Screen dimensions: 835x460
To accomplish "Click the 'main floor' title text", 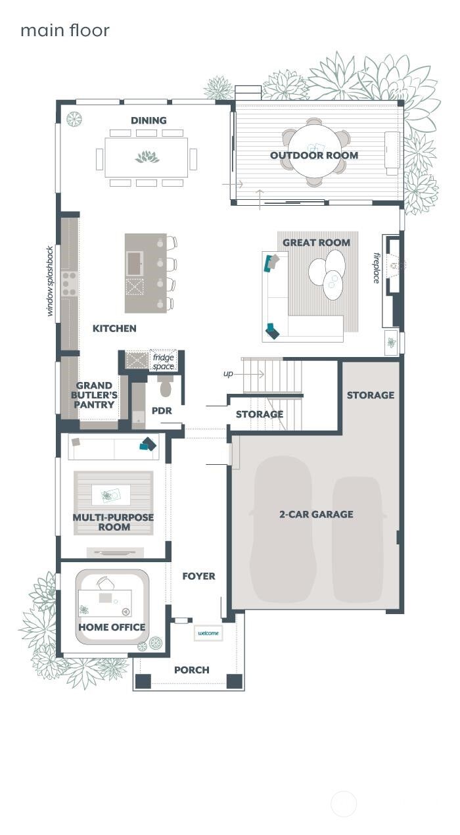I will (64, 30).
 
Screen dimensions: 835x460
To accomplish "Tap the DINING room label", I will (149, 120).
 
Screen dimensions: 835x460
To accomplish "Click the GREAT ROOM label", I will (316, 243).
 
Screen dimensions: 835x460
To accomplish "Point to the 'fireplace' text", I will (377, 268).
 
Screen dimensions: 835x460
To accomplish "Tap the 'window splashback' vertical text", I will (50, 281).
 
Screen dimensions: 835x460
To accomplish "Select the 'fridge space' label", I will (163, 362).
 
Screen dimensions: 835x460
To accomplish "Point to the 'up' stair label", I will (228, 373).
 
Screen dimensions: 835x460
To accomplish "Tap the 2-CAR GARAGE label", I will (316, 514).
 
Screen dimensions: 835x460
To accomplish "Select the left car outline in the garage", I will (282, 529).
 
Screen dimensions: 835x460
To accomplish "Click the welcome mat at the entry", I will (208, 633).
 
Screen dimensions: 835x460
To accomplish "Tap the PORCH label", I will (192, 670).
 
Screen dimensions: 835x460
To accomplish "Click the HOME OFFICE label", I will (112, 627).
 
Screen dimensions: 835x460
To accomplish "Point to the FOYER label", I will (198, 576).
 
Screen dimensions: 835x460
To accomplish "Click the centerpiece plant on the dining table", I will (147, 157).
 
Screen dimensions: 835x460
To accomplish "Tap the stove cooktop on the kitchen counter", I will (69, 283).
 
